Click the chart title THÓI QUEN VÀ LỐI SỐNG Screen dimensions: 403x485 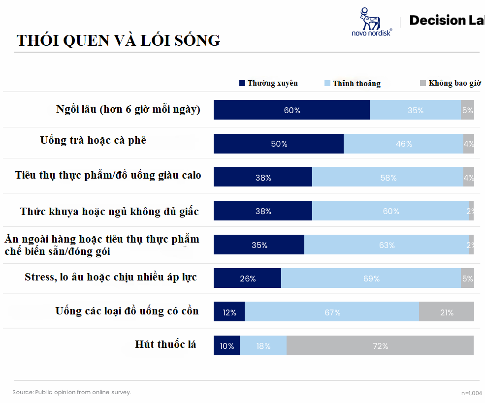pyautogui.click(x=118, y=40)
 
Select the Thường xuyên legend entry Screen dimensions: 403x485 pyautogui.click(x=268, y=83)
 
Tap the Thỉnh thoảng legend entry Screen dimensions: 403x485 pyautogui.click(x=353, y=84)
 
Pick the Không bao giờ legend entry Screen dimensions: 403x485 pyautogui.click(x=450, y=83)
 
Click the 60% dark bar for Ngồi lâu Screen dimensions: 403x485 pyautogui.click(x=291, y=110)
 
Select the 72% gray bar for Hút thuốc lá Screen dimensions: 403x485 pyautogui.click(x=380, y=346)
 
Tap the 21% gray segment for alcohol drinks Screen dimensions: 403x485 pyautogui.click(x=447, y=312)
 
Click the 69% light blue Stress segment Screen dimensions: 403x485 pyautogui.click(x=371, y=279)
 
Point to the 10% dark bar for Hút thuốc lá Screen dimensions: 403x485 pyautogui.click(x=227, y=346)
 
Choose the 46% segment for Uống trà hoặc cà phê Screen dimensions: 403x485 pyautogui.click(x=403, y=144)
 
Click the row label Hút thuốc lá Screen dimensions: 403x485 pyautogui.click(x=165, y=344)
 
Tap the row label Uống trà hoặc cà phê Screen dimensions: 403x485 pyautogui.click(x=93, y=140)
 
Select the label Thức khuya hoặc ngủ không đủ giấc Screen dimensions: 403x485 pyautogui.click(x=109, y=212)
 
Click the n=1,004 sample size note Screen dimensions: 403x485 pyautogui.click(x=471, y=393)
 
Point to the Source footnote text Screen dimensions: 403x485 pyautogui.click(x=72, y=392)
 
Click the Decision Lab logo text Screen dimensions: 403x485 pyautogui.click(x=446, y=20)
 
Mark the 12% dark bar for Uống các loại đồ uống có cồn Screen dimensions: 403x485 pyautogui.click(x=229, y=312)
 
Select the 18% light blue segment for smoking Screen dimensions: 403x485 pyautogui.click(x=263, y=346)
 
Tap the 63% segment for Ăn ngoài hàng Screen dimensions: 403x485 pyautogui.click(x=387, y=245)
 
